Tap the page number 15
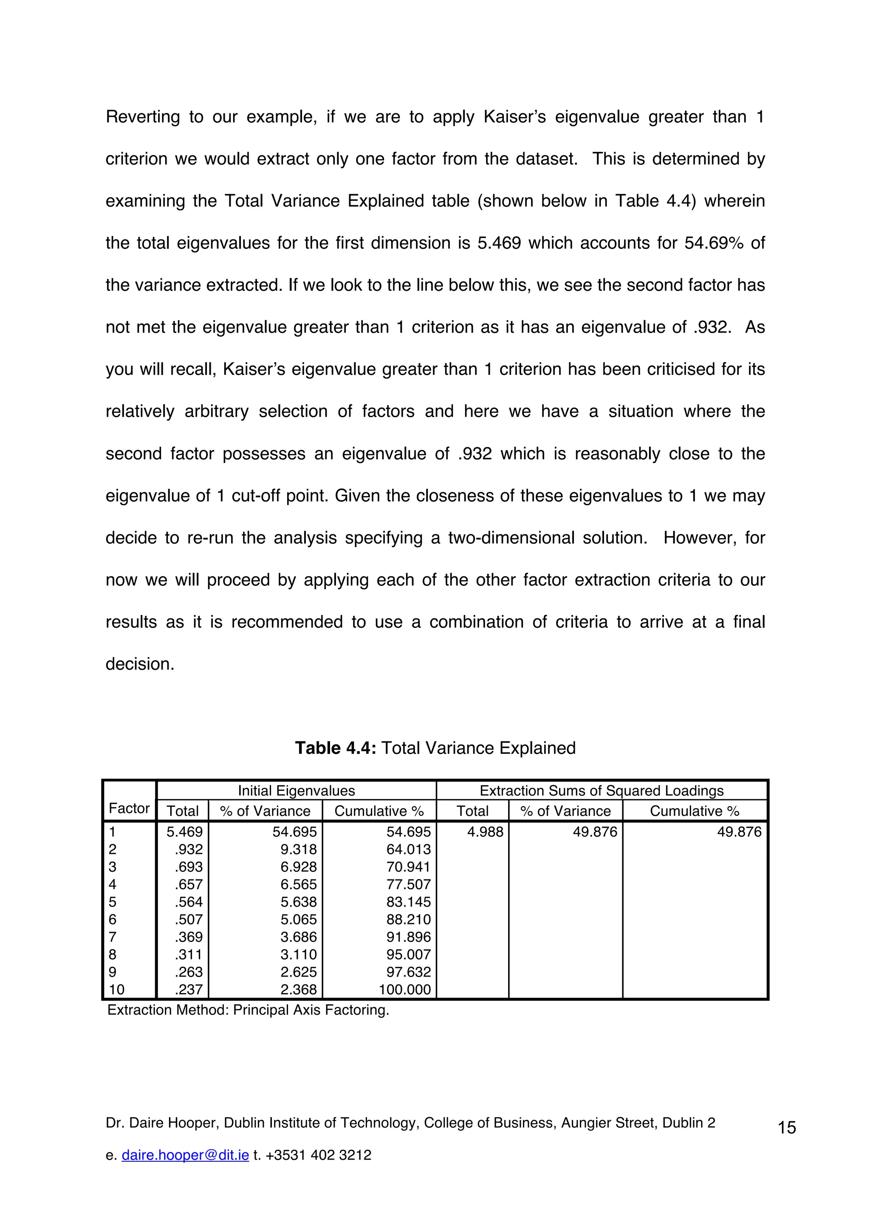(x=786, y=1128)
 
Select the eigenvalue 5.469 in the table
(x=184, y=832)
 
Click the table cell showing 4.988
(x=485, y=832)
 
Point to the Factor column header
(x=129, y=809)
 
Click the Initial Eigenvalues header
(x=296, y=791)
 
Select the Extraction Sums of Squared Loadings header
(x=602, y=791)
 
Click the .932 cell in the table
(x=189, y=850)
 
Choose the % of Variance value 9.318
(x=299, y=850)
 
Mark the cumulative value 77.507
(x=409, y=885)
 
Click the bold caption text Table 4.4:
(x=336, y=748)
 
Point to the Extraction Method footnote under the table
(x=248, y=1010)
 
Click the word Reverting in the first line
(x=143, y=117)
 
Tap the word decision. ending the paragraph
(x=140, y=664)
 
